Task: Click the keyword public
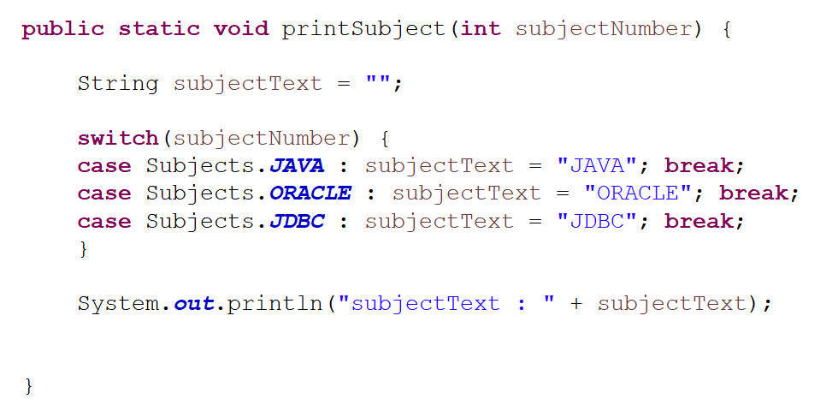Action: [x=63, y=29]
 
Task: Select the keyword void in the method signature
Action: [x=240, y=29]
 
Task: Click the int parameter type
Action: [x=481, y=29]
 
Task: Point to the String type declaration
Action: [x=118, y=84]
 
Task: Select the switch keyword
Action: [x=118, y=139]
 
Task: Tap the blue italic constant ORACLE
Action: [x=310, y=194]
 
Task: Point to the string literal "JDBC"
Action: [x=597, y=222]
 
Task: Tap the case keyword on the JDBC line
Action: [x=104, y=222]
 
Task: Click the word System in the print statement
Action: [x=118, y=304]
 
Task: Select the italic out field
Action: [x=193, y=304]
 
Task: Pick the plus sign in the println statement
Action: [x=575, y=304]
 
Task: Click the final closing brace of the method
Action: [x=29, y=385]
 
